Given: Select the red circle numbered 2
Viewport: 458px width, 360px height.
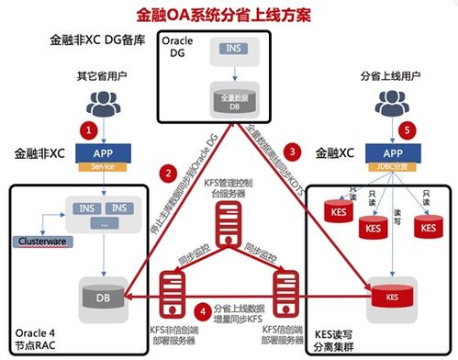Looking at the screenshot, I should pos(167,171).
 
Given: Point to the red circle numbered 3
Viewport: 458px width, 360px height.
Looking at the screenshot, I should pos(291,150).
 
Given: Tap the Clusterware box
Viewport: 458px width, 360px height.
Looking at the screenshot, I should pos(44,242).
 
